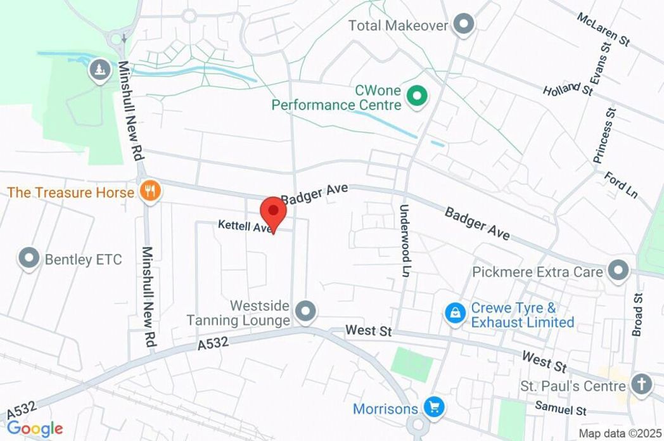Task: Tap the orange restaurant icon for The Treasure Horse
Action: (x=150, y=191)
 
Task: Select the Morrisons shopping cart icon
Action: (x=434, y=407)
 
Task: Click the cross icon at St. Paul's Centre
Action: (x=642, y=384)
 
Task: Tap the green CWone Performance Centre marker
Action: (x=417, y=96)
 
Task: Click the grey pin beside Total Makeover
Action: (x=465, y=25)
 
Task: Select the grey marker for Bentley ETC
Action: (x=29, y=258)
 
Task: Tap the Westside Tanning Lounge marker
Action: (x=307, y=310)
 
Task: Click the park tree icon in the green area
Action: (x=98, y=69)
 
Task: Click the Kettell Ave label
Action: (x=245, y=226)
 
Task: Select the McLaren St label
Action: (x=603, y=29)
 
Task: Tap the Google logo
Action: (x=35, y=428)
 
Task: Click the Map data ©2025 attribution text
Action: (x=619, y=433)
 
